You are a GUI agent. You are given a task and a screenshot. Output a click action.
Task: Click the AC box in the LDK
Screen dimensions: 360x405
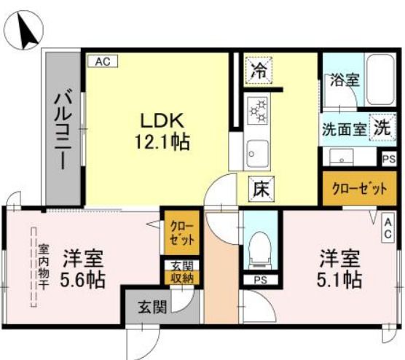102,63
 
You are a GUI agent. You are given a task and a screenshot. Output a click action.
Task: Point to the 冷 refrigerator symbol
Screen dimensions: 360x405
258,70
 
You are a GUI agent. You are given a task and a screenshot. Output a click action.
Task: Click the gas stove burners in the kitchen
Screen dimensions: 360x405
258,109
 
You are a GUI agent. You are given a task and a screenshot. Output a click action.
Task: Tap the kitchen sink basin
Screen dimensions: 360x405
255,152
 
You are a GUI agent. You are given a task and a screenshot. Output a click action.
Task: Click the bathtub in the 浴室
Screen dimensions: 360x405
377,79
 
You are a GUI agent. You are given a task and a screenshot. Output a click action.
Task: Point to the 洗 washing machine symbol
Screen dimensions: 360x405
382,125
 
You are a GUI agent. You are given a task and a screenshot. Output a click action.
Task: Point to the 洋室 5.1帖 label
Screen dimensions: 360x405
339,268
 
